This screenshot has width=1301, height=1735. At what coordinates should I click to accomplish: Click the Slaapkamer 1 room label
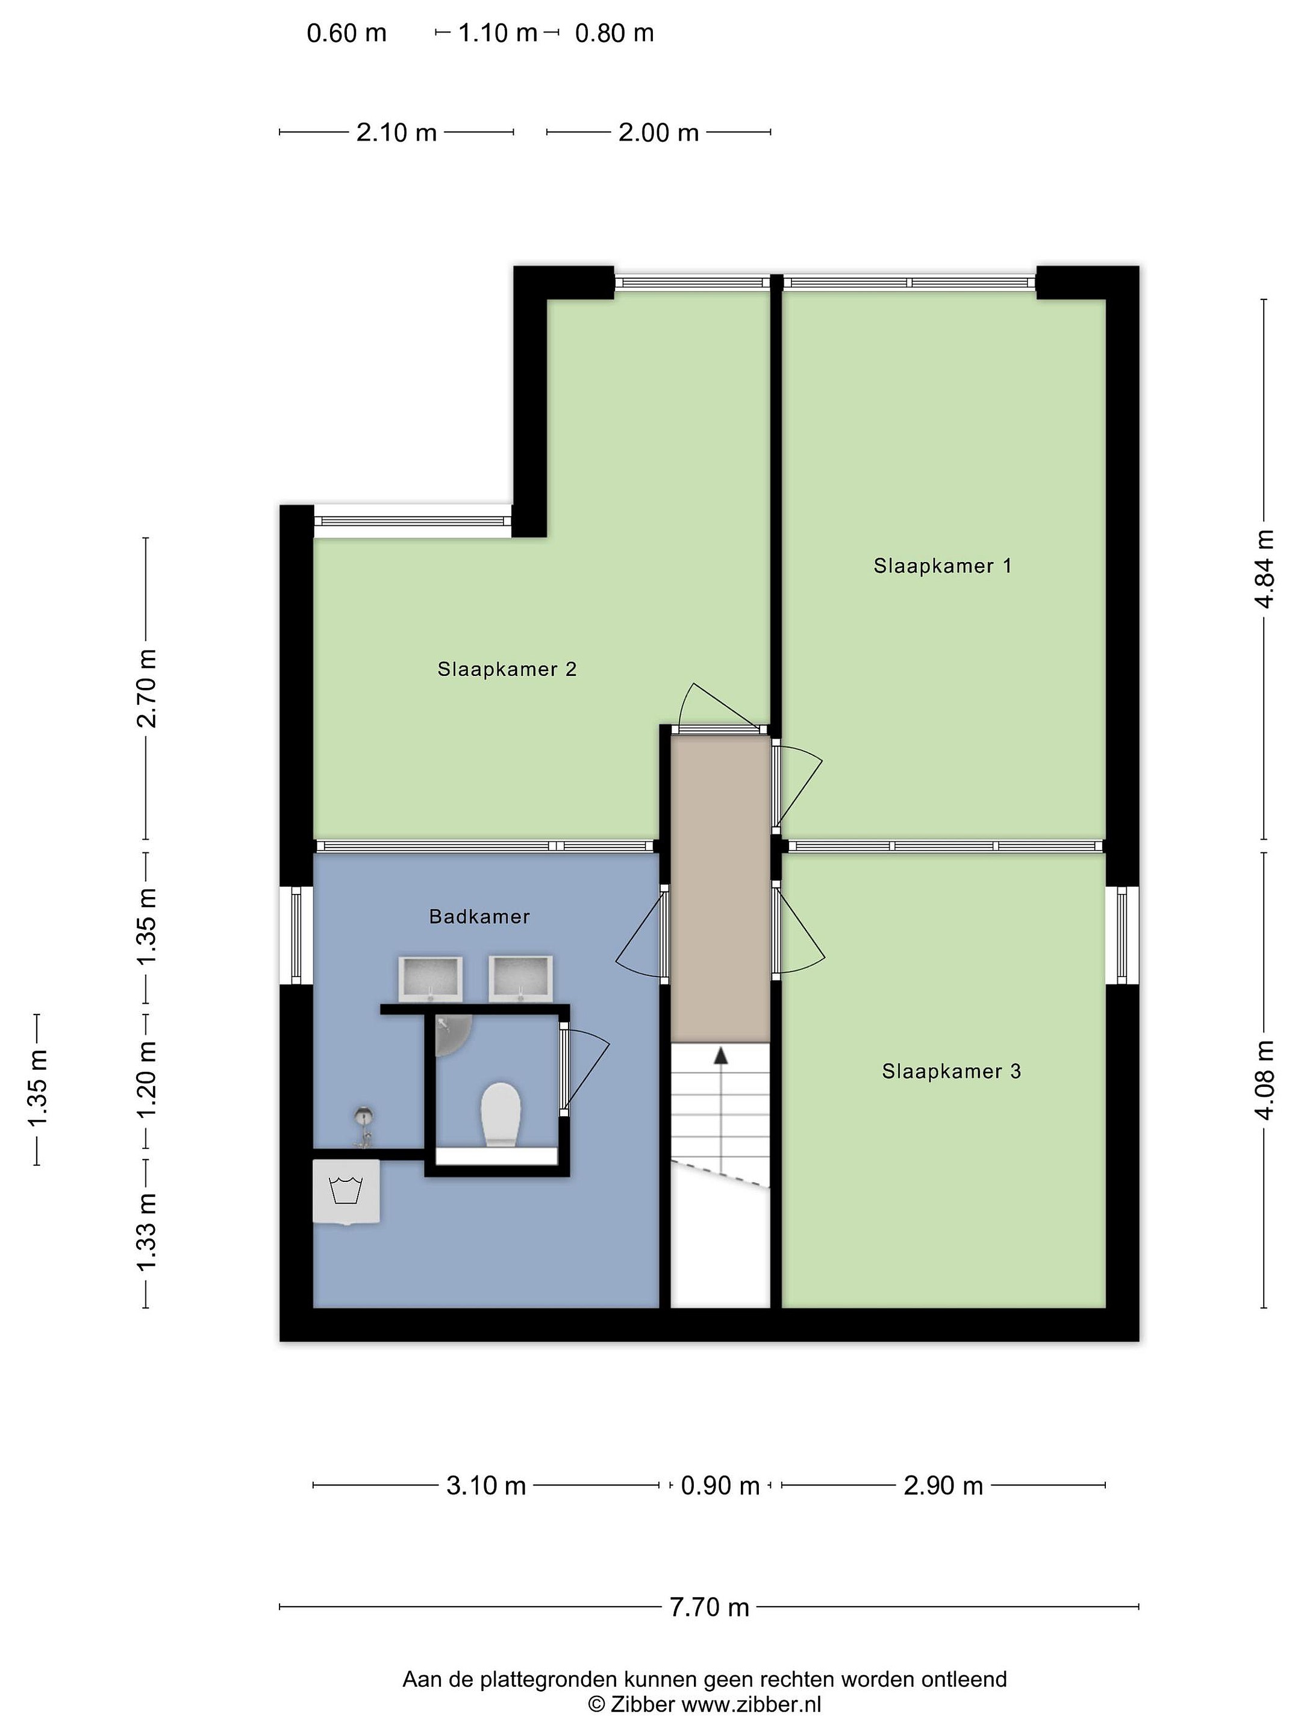(x=942, y=566)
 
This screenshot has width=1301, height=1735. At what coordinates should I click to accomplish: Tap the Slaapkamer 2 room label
(x=507, y=669)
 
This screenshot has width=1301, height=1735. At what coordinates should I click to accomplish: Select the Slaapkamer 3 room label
(x=951, y=1072)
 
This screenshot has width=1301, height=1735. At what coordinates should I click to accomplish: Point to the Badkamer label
(x=479, y=916)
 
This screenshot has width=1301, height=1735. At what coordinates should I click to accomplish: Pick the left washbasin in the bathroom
(x=431, y=979)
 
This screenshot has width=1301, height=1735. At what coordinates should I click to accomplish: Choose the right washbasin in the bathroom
(x=521, y=979)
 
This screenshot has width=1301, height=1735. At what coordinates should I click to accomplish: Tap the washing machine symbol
(x=346, y=1192)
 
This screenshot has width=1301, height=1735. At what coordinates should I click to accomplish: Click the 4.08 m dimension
(x=1264, y=1080)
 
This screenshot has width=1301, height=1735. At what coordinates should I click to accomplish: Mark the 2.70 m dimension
(x=146, y=688)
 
